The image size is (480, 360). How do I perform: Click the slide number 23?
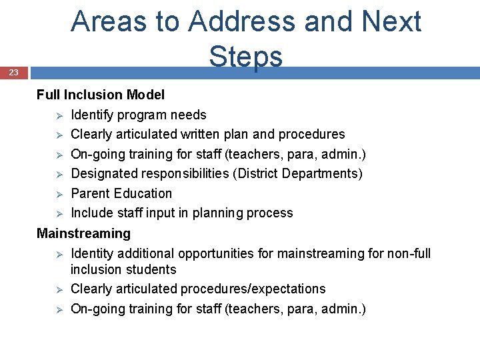coord(14,72)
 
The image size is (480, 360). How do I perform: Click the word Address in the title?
coord(242,21)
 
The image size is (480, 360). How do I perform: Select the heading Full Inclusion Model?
coord(101,95)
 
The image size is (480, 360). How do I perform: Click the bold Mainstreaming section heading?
coord(83,233)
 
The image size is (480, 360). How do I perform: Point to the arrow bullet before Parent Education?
coord(59,194)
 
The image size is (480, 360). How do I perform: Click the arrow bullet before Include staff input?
coord(59,213)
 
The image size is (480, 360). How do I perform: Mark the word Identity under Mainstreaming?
coord(92,253)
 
